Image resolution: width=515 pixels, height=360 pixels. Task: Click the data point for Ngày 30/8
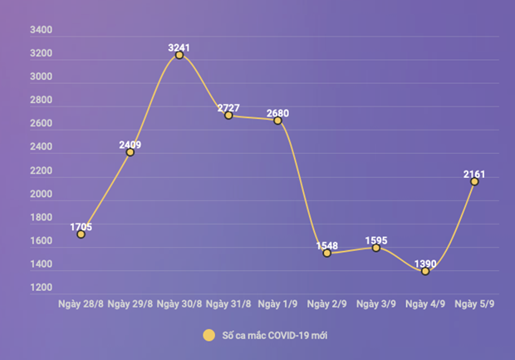[x=179, y=55]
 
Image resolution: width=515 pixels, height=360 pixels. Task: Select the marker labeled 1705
[x=81, y=234]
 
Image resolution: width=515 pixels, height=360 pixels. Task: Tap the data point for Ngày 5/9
[x=474, y=181]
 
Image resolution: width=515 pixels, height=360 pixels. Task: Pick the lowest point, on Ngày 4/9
[x=425, y=271]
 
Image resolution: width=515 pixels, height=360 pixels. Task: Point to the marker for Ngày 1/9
[x=277, y=121]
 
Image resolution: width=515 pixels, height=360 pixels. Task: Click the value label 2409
[x=130, y=145]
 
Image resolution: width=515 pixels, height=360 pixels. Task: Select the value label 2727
[x=228, y=109]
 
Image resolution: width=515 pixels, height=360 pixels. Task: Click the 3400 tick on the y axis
[x=41, y=30]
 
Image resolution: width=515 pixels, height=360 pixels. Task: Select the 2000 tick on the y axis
[x=41, y=195]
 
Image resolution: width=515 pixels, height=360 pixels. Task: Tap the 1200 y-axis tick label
[x=41, y=288]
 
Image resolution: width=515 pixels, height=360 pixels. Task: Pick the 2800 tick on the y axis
[x=41, y=101]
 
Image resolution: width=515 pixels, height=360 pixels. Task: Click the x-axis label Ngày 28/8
[x=81, y=304]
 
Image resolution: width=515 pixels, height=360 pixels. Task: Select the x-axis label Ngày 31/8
[x=228, y=304]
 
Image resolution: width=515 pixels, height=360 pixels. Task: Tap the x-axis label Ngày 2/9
[x=326, y=304]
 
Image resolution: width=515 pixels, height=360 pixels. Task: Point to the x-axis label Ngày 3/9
[x=375, y=304]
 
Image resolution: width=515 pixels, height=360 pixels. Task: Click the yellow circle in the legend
[x=208, y=336]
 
